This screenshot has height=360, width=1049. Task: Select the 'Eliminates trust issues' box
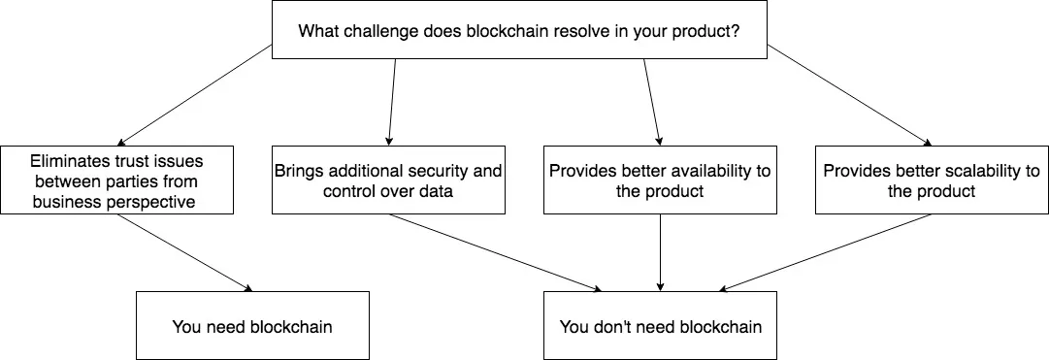(116, 180)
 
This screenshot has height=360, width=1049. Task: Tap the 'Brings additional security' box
(388, 180)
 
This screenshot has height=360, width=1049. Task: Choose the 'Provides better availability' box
(660, 180)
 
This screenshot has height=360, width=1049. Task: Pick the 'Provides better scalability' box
(932, 180)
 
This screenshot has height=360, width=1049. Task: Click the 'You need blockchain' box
(252, 326)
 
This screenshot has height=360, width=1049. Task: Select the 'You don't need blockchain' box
(660, 326)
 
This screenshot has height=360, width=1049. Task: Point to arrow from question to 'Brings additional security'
(393, 100)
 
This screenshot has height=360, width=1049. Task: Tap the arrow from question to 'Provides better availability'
(652, 100)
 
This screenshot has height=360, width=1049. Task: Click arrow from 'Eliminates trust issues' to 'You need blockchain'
(184, 252)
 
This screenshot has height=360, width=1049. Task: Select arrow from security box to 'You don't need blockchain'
(495, 252)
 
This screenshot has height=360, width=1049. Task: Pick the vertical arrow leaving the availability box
(661, 252)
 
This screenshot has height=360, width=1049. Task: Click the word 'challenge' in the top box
(387, 30)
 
